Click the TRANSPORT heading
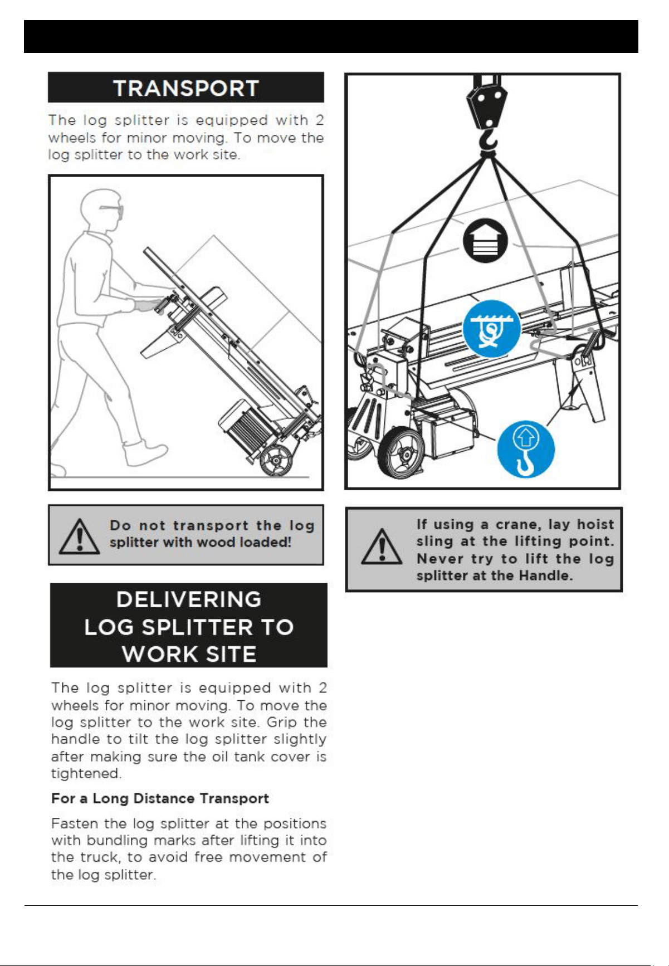point(186,88)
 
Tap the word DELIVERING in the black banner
point(189,599)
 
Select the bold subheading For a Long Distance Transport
point(160,798)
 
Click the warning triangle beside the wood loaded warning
point(80,536)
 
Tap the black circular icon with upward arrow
point(485,240)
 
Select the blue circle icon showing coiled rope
point(491,329)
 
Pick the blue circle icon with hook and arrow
point(526,449)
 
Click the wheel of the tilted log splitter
point(277,460)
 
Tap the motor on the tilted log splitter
point(245,428)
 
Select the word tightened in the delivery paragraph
point(86,774)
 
